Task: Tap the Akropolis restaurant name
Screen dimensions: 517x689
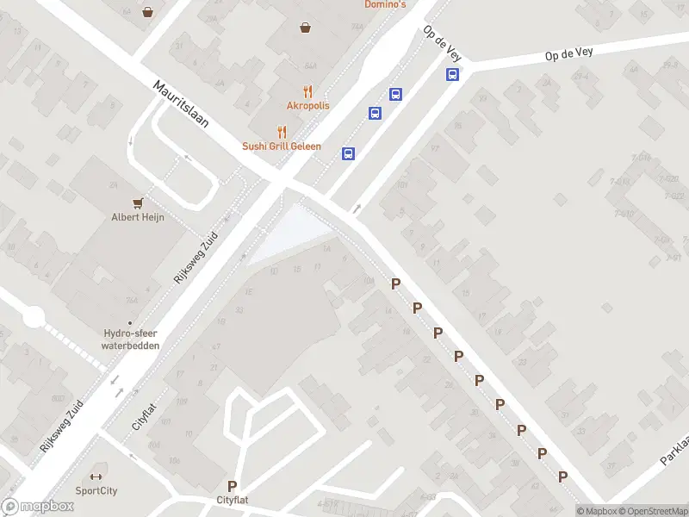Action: tap(307, 105)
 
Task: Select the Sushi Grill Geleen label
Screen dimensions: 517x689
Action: tap(281, 146)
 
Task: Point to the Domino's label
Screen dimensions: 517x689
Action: tap(385, 5)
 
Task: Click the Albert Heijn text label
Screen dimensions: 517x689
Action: tap(137, 217)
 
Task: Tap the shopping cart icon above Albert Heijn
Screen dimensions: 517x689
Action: tap(137, 202)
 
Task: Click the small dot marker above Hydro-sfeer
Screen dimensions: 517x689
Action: tap(131, 324)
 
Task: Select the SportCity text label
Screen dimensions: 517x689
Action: tap(96, 491)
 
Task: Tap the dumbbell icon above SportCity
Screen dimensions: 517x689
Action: tap(96, 477)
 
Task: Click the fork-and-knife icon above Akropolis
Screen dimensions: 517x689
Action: tap(307, 91)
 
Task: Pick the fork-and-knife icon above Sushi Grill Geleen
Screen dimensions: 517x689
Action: tap(281, 132)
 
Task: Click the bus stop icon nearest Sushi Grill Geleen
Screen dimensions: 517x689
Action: tap(348, 154)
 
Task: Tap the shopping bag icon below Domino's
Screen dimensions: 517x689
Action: tap(305, 28)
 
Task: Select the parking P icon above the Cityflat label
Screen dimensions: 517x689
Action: tap(232, 486)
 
